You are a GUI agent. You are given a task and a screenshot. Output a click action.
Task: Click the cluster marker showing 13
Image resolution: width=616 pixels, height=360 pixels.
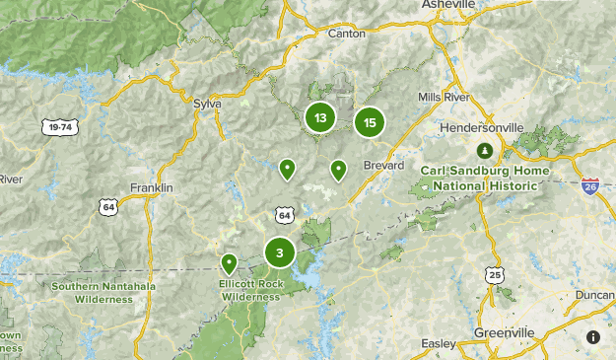(x=320, y=118)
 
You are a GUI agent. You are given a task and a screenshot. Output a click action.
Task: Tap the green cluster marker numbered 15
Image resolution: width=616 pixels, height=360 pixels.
(x=370, y=122)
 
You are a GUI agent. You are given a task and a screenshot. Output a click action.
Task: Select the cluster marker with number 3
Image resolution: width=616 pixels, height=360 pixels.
(x=280, y=253)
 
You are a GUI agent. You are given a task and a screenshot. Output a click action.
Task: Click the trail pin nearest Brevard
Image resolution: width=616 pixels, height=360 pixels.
(x=338, y=171)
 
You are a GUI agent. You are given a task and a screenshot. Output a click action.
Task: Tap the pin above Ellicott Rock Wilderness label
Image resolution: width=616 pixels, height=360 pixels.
(x=229, y=263)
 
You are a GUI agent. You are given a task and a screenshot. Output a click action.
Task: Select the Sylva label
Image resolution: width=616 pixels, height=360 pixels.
(x=207, y=103)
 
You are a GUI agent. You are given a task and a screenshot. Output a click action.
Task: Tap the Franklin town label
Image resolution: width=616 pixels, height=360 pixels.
(x=152, y=187)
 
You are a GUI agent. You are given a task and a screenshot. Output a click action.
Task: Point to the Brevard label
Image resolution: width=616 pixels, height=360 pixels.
(x=383, y=165)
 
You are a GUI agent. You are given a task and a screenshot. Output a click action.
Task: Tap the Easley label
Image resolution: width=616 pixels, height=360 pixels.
(x=439, y=343)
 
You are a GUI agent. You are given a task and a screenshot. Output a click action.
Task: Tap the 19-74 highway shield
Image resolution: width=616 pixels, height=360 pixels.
(x=60, y=126)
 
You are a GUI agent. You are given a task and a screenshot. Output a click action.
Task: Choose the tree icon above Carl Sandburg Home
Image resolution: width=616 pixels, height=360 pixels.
(x=484, y=151)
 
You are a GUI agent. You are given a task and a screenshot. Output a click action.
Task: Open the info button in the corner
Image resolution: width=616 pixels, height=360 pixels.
(x=593, y=337)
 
